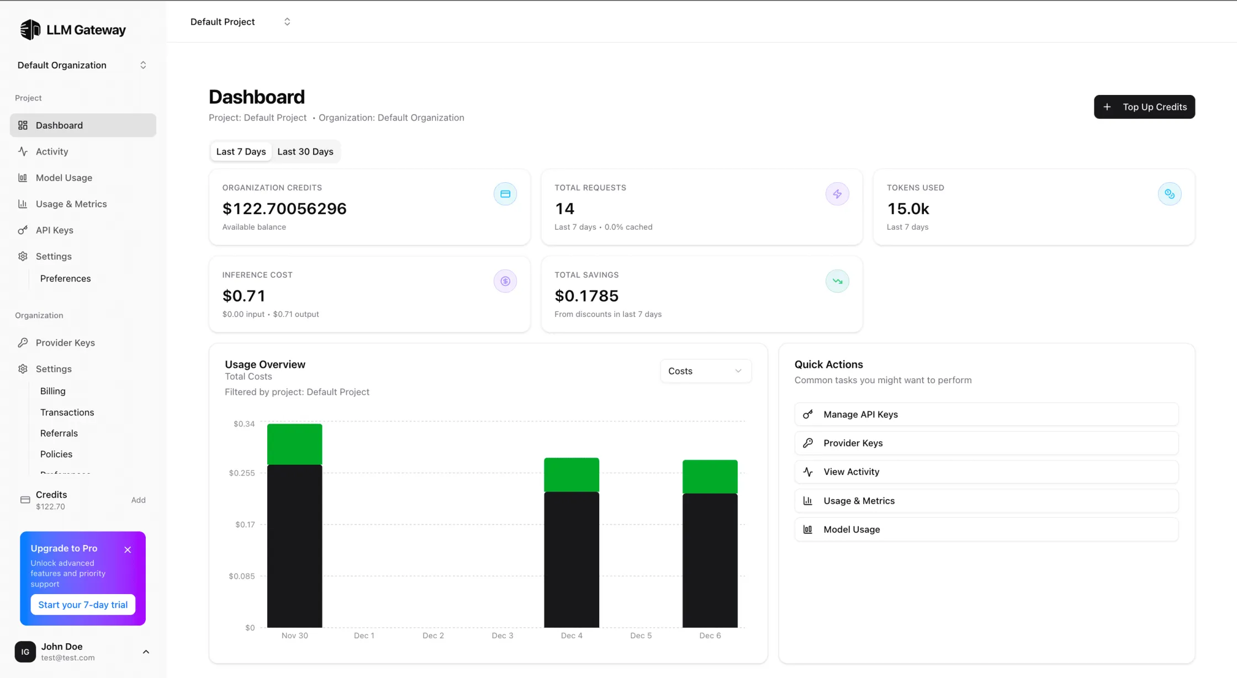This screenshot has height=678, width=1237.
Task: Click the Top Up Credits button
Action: tap(1144, 107)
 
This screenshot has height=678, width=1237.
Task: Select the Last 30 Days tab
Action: tap(305, 152)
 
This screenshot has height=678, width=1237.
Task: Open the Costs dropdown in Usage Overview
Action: tap(705, 371)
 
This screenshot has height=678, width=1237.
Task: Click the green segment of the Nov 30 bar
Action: tap(294, 444)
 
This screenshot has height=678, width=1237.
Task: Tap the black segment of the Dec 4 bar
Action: tap(571, 559)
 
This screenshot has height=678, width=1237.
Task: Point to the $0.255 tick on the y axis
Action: tap(242, 473)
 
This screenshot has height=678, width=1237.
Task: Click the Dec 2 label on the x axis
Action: tap(433, 635)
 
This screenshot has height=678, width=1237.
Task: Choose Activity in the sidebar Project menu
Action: tap(52, 152)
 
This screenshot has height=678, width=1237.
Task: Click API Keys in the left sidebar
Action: tap(54, 230)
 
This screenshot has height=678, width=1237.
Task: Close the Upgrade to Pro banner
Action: tap(128, 550)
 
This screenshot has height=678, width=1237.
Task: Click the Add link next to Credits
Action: tap(138, 500)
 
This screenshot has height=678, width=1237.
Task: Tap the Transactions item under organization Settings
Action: tap(67, 412)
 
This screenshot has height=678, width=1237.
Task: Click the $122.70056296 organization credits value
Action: tap(284, 209)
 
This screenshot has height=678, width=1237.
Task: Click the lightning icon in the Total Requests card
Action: tap(837, 194)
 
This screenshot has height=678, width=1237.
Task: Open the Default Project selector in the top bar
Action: tap(240, 22)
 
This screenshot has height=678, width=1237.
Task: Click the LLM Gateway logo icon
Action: tap(30, 30)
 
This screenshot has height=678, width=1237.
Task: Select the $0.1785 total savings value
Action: tap(586, 296)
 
